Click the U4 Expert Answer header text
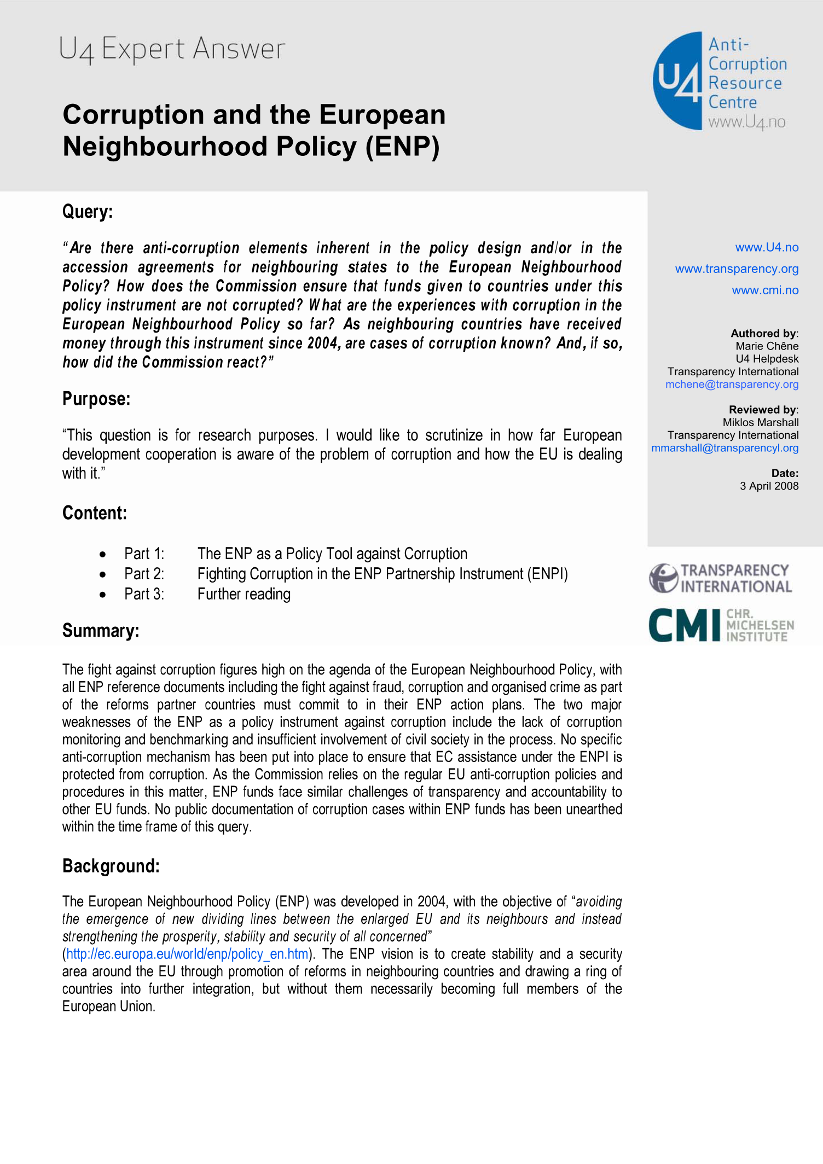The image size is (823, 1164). coord(172,49)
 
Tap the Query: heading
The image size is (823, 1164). coord(88,212)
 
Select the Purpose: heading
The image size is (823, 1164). coord(96,399)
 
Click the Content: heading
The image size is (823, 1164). coord(95,513)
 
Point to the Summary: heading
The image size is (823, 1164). coord(101,631)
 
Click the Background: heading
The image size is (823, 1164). coord(111,866)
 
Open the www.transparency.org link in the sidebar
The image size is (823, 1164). coord(737,269)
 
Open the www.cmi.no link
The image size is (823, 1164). coord(765,290)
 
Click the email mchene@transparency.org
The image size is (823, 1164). coord(732,385)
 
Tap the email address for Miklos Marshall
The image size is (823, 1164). coord(725,448)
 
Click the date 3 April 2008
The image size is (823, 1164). coord(769,486)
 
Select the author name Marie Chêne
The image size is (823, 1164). coord(767,346)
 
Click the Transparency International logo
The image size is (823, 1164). coord(720,579)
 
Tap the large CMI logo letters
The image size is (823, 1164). coord(684,625)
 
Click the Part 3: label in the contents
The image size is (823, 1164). coord(144,594)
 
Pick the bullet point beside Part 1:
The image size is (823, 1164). coord(103,555)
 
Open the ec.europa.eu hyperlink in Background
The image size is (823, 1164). coord(187,954)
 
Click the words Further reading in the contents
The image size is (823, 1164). coord(244,594)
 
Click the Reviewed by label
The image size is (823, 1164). coord(763,410)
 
